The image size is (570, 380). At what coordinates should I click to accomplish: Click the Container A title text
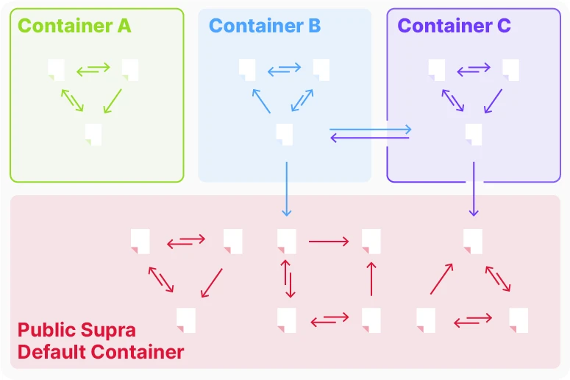click(74, 26)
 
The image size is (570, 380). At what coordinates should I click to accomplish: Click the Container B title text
click(265, 26)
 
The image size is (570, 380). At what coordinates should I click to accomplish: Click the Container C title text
click(454, 26)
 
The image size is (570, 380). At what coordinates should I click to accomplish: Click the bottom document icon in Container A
click(93, 133)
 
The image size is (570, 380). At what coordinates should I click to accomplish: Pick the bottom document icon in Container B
click(285, 134)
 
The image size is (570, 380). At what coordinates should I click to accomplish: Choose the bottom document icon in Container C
click(474, 134)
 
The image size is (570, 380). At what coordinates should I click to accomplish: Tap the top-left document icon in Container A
click(57, 69)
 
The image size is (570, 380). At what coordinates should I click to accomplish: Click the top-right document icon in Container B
click(321, 69)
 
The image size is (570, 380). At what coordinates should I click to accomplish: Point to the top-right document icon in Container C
click(511, 69)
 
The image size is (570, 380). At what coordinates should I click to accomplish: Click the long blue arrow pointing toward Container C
click(370, 130)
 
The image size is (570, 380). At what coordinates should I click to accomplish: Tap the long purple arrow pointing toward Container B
click(370, 138)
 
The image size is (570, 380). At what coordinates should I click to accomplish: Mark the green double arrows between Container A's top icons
click(93, 69)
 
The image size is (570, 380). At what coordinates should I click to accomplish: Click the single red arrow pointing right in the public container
click(329, 241)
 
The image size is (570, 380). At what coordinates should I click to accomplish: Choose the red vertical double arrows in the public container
click(287, 278)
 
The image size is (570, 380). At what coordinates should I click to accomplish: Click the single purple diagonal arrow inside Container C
click(494, 102)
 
